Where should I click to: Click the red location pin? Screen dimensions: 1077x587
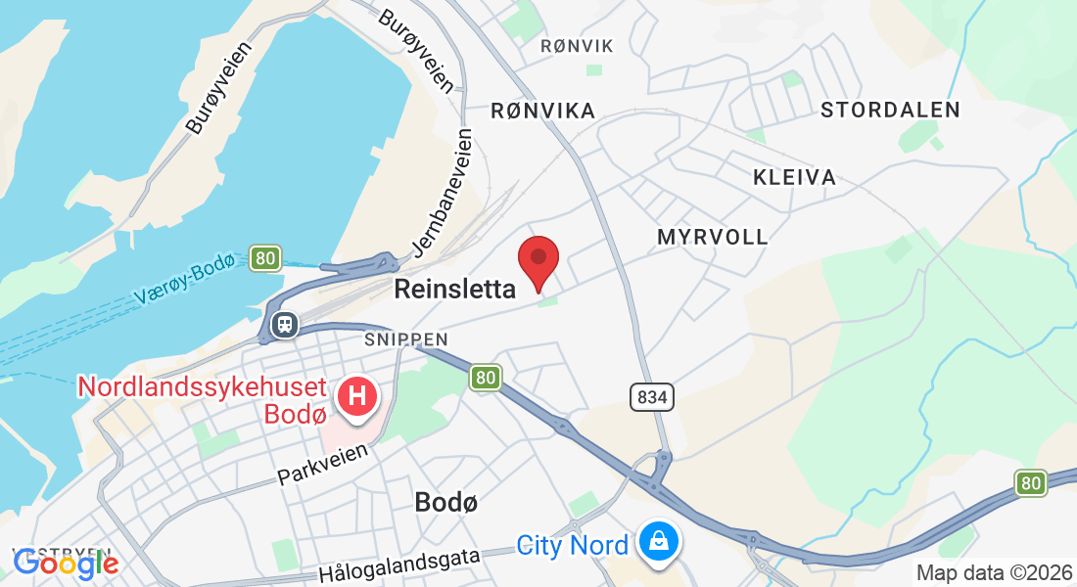coord(538,258)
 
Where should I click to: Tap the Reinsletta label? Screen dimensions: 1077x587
coord(454,290)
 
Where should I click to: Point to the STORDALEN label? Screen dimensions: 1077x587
coord(890,110)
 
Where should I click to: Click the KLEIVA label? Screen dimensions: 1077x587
coord(794,177)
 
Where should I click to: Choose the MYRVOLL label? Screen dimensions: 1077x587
coord(713,237)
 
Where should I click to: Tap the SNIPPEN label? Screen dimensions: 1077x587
coord(406,339)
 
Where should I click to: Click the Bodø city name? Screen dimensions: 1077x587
coord(446,502)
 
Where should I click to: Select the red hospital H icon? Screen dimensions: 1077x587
coord(356,396)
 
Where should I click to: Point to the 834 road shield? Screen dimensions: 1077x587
coord(653,397)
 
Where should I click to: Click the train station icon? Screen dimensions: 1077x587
coord(285,323)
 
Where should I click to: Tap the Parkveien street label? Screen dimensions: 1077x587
coord(323,465)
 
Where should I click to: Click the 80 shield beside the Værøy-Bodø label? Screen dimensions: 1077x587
coord(264,258)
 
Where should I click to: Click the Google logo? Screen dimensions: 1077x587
coord(66,563)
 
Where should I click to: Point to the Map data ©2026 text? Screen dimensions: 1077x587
coord(992,572)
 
